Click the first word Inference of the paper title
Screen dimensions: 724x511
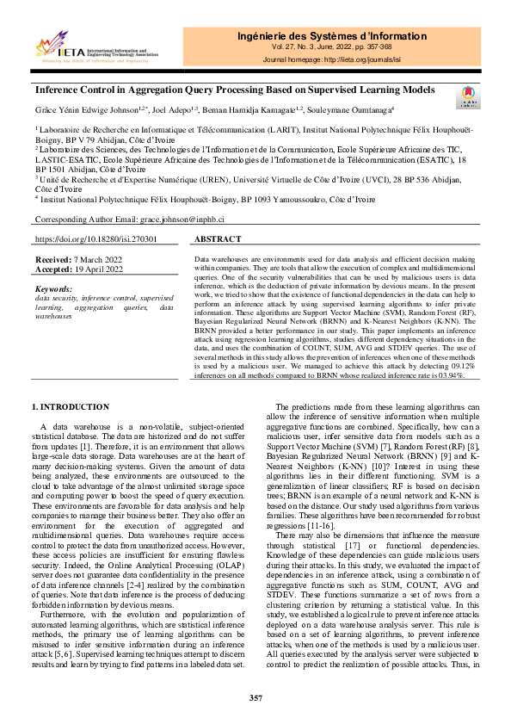point(59,90)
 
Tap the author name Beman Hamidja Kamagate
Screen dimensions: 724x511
point(262,109)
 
